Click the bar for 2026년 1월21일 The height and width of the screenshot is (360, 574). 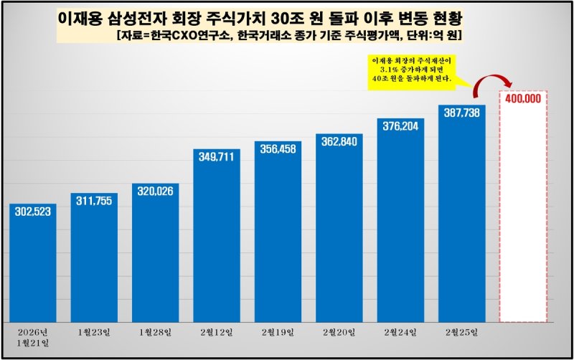point(33,262)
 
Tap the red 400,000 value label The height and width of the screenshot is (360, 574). point(523,99)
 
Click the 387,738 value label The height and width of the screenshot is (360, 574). point(461,114)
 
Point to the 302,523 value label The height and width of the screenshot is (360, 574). point(33,213)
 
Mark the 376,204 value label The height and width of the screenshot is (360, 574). point(400,126)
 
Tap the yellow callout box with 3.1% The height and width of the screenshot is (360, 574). point(412,70)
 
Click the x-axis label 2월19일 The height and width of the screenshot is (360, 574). point(278,333)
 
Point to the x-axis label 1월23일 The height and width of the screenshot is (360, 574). point(94,333)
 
